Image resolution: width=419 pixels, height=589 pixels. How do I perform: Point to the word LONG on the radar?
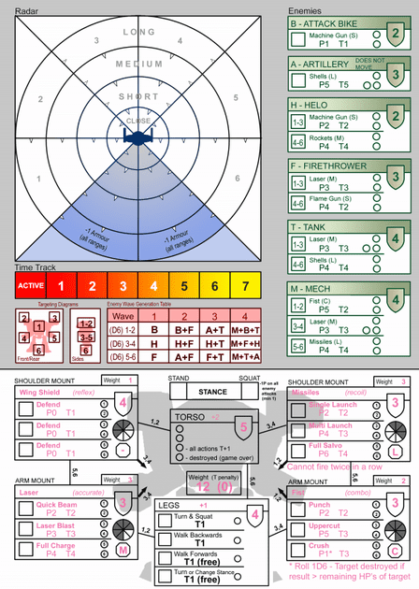[138, 33]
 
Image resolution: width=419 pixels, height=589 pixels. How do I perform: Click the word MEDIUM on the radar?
[138, 65]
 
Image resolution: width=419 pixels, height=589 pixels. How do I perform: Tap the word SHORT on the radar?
[138, 96]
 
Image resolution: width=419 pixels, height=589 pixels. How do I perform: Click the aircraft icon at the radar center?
[138, 137]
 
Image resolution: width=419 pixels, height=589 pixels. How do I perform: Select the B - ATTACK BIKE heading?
[325, 22]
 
